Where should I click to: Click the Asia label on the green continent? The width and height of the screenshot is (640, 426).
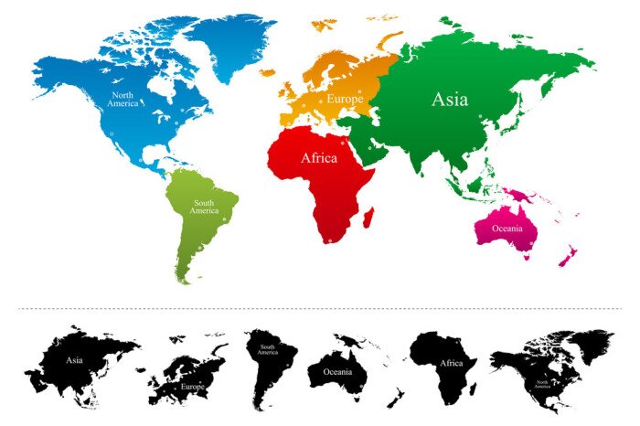pos(449,99)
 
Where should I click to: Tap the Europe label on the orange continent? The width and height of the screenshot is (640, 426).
pos(345,98)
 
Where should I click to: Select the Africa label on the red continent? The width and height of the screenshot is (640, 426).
pos(319,158)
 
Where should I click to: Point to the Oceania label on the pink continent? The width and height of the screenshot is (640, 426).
pos(507,229)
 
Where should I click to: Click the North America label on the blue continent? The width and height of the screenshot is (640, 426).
pos(123,99)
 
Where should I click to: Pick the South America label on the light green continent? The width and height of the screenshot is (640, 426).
pos(204,207)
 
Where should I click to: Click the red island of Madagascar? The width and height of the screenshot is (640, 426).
pos(369,217)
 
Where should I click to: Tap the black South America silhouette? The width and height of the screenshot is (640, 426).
pos(266,361)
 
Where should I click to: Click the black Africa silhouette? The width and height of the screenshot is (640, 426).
pos(448,366)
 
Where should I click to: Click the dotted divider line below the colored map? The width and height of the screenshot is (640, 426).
pos(320,309)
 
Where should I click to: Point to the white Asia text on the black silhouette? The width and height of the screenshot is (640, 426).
pos(75,360)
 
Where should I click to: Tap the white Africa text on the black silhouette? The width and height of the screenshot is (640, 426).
pos(452,363)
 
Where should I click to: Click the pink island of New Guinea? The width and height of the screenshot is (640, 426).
pos(521,196)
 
